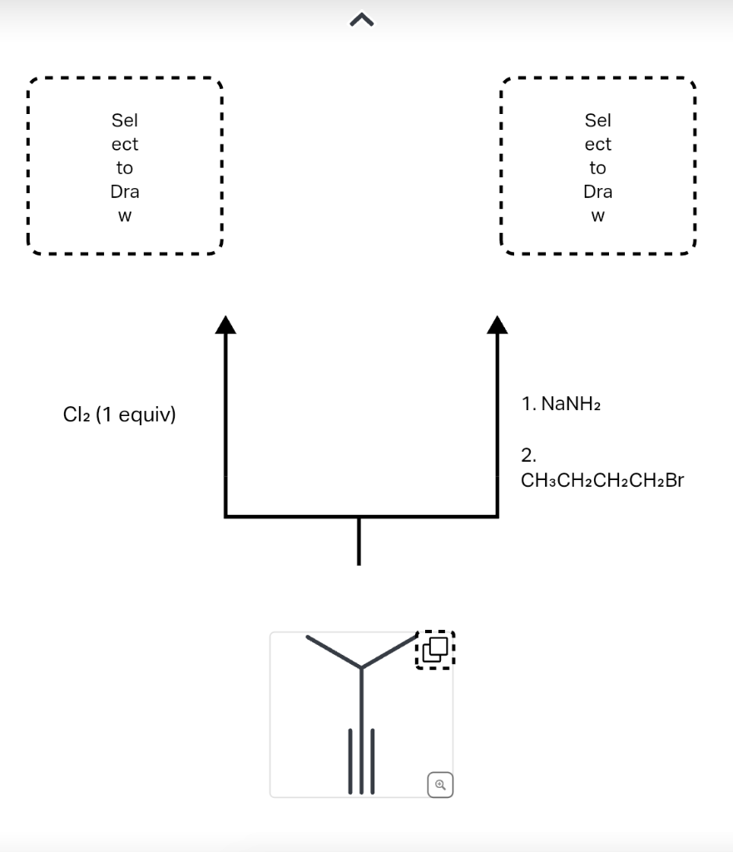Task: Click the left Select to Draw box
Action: point(125,166)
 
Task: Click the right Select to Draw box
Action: point(597,166)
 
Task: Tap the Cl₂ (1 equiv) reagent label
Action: point(119,414)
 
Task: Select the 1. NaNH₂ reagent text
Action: point(561,404)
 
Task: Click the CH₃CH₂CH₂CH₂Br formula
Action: point(602,480)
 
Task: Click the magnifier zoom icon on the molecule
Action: point(441,783)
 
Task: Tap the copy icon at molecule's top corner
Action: point(435,649)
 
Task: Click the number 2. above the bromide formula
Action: point(528,455)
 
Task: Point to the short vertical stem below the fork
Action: point(359,541)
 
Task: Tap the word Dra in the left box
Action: point(125,191)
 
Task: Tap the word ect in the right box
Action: point(597,144)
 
